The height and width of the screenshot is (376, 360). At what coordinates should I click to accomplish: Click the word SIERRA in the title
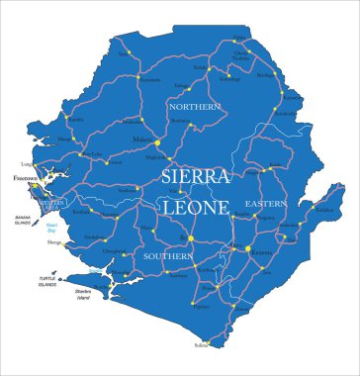[x=197, y=178]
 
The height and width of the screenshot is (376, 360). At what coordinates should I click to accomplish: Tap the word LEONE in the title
[x=196, y=208]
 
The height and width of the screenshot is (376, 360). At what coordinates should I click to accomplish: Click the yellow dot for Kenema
[x=247, y=248]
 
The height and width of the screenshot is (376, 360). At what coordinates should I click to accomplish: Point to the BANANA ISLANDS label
[x=24, y=221]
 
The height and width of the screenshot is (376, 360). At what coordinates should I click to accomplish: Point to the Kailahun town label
[x=324, y=210]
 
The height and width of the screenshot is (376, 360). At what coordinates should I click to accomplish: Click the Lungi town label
[x=27, y=163]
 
